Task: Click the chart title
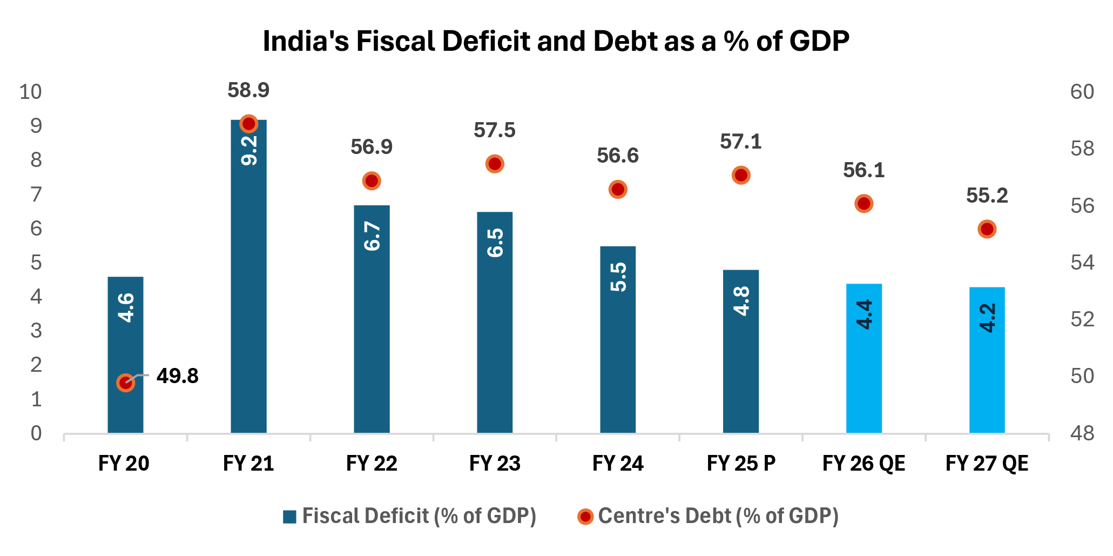[x=556, y=41]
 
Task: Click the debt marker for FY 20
[x=125, y=383]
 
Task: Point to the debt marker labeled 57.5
[x=495, y=164]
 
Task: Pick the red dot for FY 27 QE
[x=987, y=229]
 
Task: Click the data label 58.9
[x=248, y=90]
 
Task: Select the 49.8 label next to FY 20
[x=177, y=376]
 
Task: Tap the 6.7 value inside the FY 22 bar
[x=372, y=236]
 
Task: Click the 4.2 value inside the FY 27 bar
[x=987, y=318]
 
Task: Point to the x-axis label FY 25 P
[x=741, y=464]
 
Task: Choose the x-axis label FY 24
[x=618, y=464]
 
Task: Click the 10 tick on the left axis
[x=31, y=92]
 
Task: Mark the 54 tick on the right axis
[x=1082, y=263]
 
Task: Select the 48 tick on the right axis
[x=1082, y=433]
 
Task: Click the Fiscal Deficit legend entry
[x=409, y=516]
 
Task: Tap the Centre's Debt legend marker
[x=585, y=517]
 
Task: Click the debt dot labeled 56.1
[x=864, y=204]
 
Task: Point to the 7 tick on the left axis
[x=36, y=195]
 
